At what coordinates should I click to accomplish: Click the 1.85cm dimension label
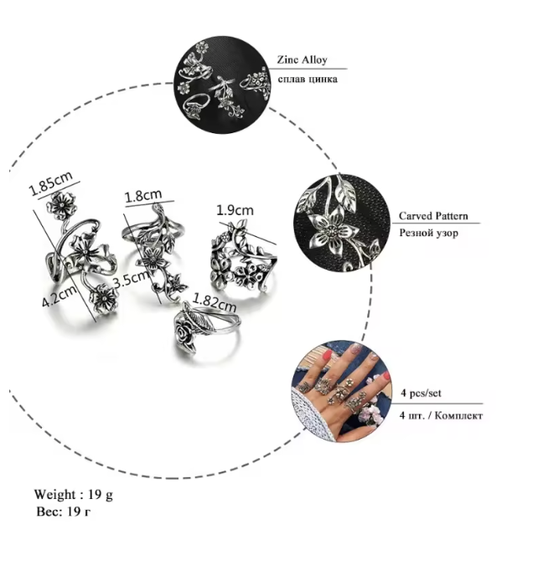click(x=50, y=183)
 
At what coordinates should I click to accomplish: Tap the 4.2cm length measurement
click(x=59, y=296)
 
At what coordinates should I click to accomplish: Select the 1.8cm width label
click(x=142, y=195)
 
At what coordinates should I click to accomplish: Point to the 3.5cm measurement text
click(x=131, y=279)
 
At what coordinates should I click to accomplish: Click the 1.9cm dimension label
click(x=235, y=209)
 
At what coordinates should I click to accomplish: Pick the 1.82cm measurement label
click(x=215, y=302)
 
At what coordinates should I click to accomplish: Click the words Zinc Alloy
click(x=302, y=59)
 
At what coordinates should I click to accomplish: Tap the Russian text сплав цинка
click(x=308, y=79)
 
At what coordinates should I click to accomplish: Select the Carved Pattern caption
click(x=433, y=216)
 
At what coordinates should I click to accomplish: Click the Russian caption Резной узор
click(x=428, y=233)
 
